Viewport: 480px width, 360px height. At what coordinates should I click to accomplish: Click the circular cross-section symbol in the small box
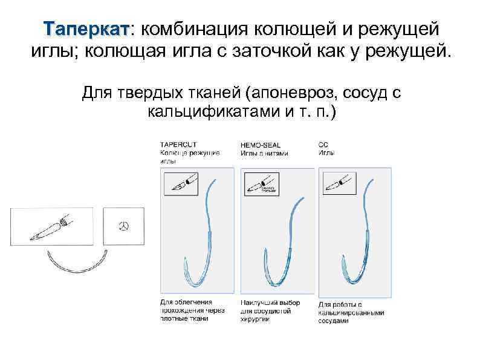[124, 226]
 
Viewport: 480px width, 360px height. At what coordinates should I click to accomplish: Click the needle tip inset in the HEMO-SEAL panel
[261, 183]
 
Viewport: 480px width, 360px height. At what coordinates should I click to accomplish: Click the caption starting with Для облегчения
[192, 310]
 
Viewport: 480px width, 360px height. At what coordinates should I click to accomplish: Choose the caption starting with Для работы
[351, 312]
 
